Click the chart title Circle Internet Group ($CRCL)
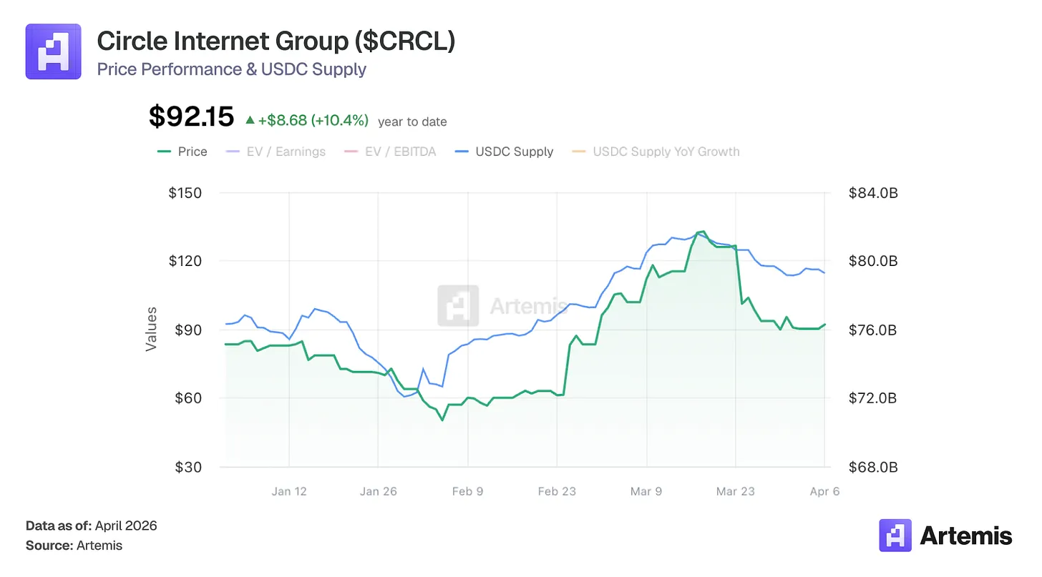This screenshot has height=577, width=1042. click(x=276, y=41)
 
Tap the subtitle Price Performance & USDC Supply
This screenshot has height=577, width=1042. click(x=231, y=69)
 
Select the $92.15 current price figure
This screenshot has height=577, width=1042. click(x=191, y=117)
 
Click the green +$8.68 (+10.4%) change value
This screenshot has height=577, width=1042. click(x=313, y=121)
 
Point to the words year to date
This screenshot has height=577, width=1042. click(x=412, y=122)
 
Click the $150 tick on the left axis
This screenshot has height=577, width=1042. click(x=185, y=193)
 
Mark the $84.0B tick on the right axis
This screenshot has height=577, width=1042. click(x=872, y=193)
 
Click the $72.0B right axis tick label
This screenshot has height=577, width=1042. click(x=872, y=398)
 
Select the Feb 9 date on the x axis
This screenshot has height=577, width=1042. click(x=468, y=491)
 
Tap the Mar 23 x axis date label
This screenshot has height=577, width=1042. click(x=736, y=491)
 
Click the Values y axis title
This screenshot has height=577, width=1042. click(x=151, y=329)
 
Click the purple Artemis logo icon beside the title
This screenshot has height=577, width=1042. click(x=53, y=51)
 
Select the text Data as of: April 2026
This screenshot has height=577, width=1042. click(x=92, y=526)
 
